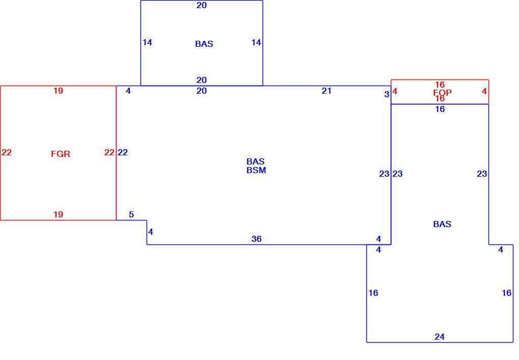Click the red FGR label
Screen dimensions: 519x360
(x=61, y=154)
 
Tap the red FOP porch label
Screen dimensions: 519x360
(x=442, y=93)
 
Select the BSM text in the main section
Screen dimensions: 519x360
(x=256, y=170)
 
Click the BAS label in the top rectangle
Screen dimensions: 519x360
(x=204, y=44)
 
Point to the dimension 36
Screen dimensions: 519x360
(x=256, y=239)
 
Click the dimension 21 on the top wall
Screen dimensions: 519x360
(x=326, y=91)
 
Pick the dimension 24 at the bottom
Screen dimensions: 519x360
(x=440, y=337)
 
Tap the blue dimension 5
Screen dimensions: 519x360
(x=131, y=214)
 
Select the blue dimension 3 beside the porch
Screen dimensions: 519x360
(x=387, y=94)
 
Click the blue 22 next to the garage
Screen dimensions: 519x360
(x=123, y=152)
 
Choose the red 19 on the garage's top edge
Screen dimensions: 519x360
(x=58, y=91)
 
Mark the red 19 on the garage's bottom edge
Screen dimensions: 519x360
(x=58, y=214)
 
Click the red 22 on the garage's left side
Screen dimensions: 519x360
(x=7, y=152)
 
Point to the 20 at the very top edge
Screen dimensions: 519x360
(x=201, y=5)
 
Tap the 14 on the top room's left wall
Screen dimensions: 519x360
(x=147, y=42)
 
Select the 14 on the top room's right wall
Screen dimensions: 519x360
(x=256, y=42)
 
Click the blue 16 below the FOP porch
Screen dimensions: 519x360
(x=440, y=109)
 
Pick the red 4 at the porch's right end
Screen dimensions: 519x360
(x=484, y=92)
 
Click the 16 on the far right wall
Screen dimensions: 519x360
(x=507, y=293)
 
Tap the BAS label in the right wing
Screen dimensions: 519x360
(x=442, y=224)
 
